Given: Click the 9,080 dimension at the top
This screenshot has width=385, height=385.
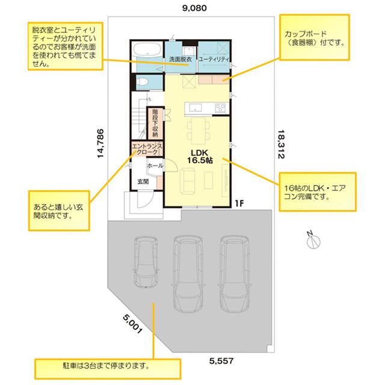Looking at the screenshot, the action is [194, 8].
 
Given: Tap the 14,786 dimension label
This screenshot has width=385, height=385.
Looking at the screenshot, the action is [100, 143].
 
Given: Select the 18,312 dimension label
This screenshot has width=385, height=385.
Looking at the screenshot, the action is [281, 144].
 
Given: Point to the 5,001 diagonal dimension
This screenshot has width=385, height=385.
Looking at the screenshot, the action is [132, 324].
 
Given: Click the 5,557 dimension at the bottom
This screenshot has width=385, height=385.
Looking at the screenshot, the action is [221, 361].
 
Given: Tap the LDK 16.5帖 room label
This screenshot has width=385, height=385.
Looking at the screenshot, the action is [200, 156].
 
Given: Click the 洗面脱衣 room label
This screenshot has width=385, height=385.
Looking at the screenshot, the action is [180, 59].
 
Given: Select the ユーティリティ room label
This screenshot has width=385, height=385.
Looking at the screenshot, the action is [214, 59].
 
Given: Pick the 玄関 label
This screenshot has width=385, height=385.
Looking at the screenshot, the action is [143, 182].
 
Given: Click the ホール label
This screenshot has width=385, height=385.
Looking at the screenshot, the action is [155, 166].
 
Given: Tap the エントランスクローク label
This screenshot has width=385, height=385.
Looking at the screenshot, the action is [147, 149].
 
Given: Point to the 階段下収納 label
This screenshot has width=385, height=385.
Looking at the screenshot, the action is [155, 123].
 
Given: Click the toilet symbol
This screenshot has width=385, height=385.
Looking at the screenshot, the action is [142, 82].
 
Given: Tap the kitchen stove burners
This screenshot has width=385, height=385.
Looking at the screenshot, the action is [220, 108].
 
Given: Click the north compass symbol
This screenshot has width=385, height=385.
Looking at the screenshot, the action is [313, 241].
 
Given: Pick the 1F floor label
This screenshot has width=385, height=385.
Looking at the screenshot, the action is [239, 203].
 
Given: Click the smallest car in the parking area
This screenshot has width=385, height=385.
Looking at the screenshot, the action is [146, 262].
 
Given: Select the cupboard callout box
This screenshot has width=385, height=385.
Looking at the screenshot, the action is [315, 37].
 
